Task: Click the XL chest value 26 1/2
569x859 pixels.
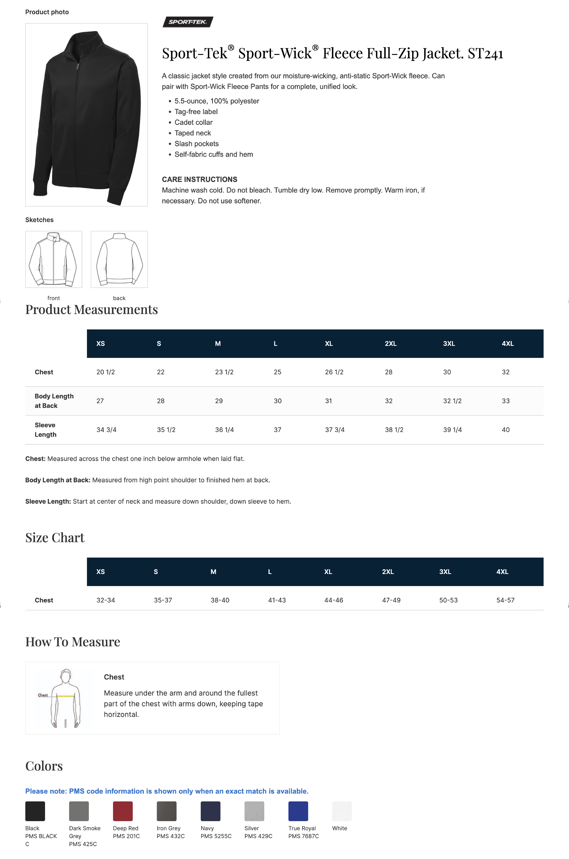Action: [334, 372]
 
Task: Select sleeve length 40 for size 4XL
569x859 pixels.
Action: [505, 430]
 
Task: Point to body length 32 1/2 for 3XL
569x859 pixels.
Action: [452, 401]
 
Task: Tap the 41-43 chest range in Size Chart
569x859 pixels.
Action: [277, 600]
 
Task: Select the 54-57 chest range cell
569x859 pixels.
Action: [505, 600]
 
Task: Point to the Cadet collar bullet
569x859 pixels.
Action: [193, 122]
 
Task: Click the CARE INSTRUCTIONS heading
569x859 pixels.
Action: [199, 179]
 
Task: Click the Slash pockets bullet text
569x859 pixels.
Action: [196, 144]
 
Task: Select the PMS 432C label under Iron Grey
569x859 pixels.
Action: [171, 836]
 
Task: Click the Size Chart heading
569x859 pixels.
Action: [55, 538]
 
